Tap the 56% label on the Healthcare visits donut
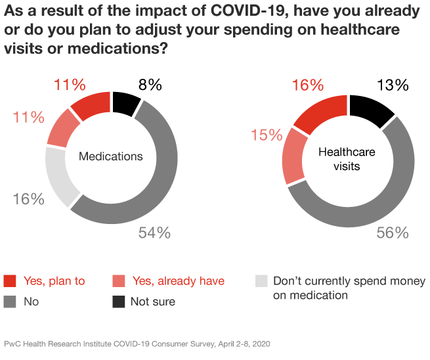click(393, 233)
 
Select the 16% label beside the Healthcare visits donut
click(308, 85)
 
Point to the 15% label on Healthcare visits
click(267, 135)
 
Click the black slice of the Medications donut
click(125, 104)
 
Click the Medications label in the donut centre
click(110, 156)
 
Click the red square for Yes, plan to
click(10, 281)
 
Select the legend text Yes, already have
click(179, 281)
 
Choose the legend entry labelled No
click(30, 302)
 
